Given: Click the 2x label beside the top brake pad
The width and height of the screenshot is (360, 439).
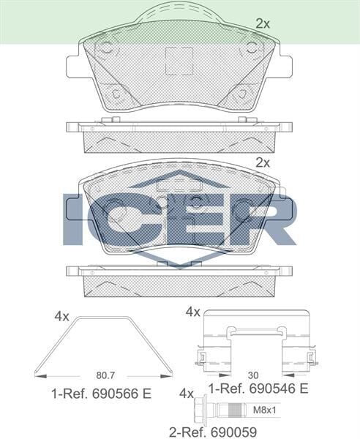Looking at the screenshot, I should [x=263, y=24].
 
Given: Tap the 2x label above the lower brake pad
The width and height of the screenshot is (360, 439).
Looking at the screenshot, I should [x=263, y=162].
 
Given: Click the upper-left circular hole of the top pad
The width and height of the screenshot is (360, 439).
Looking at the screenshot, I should [x=105, y=49].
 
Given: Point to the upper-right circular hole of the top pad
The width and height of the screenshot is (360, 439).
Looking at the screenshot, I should [x=251, y=49].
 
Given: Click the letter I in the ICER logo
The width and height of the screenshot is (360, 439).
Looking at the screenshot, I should [x=75, y=219].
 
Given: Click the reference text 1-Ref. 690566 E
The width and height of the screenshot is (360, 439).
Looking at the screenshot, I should [x=101, y=394].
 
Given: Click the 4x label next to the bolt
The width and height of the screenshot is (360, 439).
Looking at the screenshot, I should [x=187, y=393].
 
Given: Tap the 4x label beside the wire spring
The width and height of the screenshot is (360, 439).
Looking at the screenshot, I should [x=61, y=317].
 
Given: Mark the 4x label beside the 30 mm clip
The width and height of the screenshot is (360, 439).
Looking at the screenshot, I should [x=192, y=312].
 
